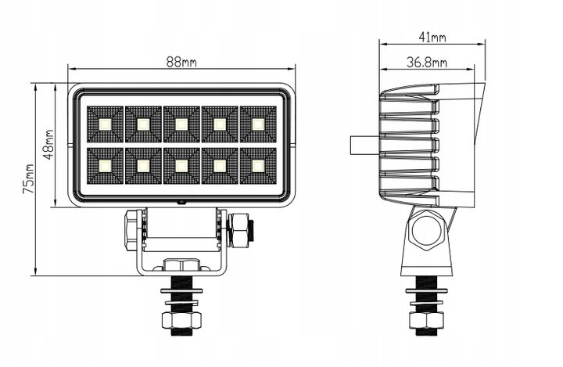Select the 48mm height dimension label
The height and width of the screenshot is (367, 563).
48,145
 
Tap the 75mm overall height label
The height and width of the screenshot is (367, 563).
29,178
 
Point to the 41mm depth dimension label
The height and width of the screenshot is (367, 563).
432,37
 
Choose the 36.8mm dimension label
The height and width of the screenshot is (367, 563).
427,63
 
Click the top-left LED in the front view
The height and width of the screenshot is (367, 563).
105,124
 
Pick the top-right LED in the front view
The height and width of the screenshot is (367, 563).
258,124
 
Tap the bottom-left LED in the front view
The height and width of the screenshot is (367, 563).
105,166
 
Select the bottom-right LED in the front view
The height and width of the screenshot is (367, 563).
258,166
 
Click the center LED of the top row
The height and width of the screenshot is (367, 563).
181,124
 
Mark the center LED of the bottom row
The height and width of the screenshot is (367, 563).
181,166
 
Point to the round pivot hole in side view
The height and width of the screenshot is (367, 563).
427,230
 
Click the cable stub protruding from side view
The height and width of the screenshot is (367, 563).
364,145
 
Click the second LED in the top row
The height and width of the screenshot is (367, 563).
143,124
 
